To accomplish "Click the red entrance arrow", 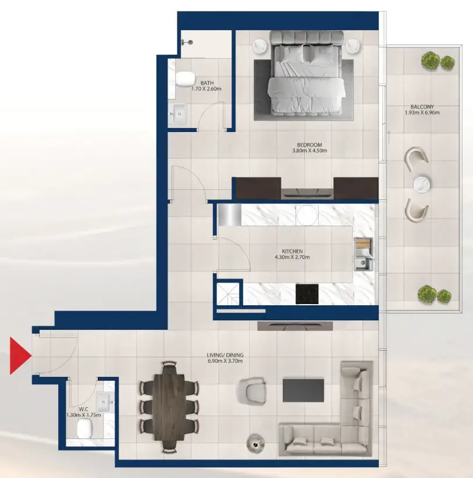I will pyautogui.click(x=19, y=355).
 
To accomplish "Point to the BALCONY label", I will pyautogui.click(x=422, y=106).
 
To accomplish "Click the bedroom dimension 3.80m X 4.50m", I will pyautogui.click(x=310, y=151).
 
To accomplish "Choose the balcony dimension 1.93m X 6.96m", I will pyautogui.click(x=422, y=113).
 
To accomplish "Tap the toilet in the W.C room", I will pyautogui.click(x=85, y=430).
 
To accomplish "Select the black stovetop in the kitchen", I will pyautogui.click(x=307, y=294).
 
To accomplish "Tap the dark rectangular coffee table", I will pyautogui.click(x=303, y=390).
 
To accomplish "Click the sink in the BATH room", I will pyautogui.click(x=177, y=112).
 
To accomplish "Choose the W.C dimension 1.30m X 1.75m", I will pyautogui.click(x=84, y=415).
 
